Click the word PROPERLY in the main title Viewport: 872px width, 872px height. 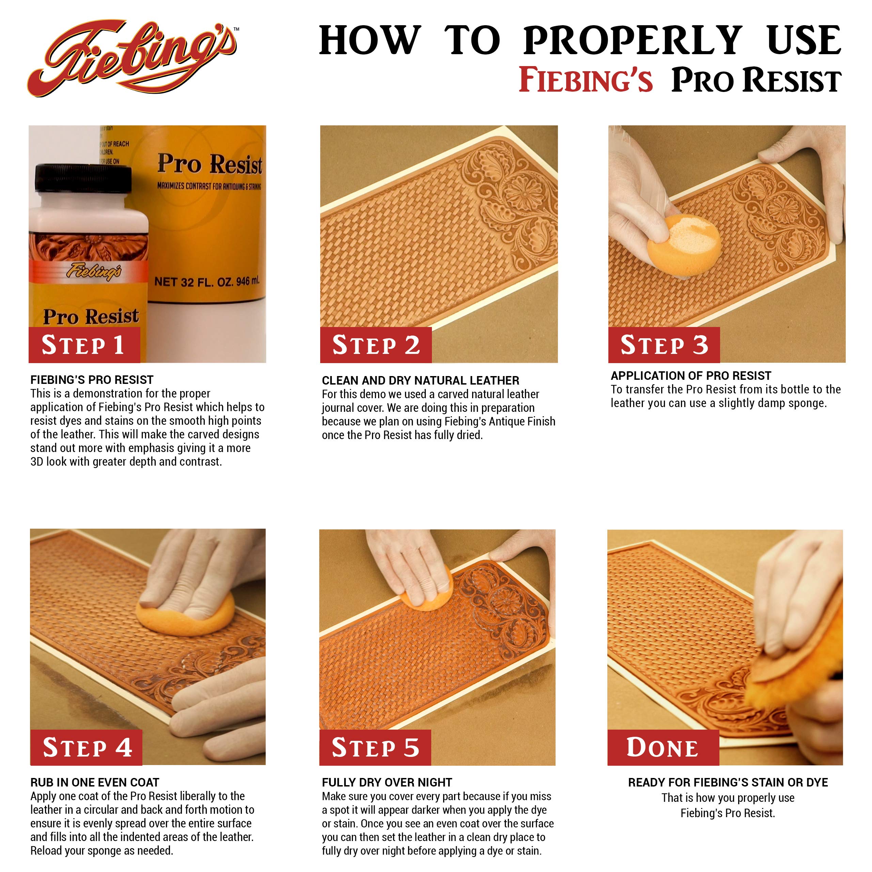click(632, 41)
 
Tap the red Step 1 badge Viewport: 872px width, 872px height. click(84, 345)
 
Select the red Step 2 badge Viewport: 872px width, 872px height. click(375, 345)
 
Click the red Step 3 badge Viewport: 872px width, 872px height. click(664, 345)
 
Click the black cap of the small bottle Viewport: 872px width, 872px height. click(83, 178)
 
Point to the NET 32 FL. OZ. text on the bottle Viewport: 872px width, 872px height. click(207, 282)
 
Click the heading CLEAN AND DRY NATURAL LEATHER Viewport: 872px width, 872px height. click(420, 380)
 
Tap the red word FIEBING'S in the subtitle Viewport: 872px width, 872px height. click(586, 80)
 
